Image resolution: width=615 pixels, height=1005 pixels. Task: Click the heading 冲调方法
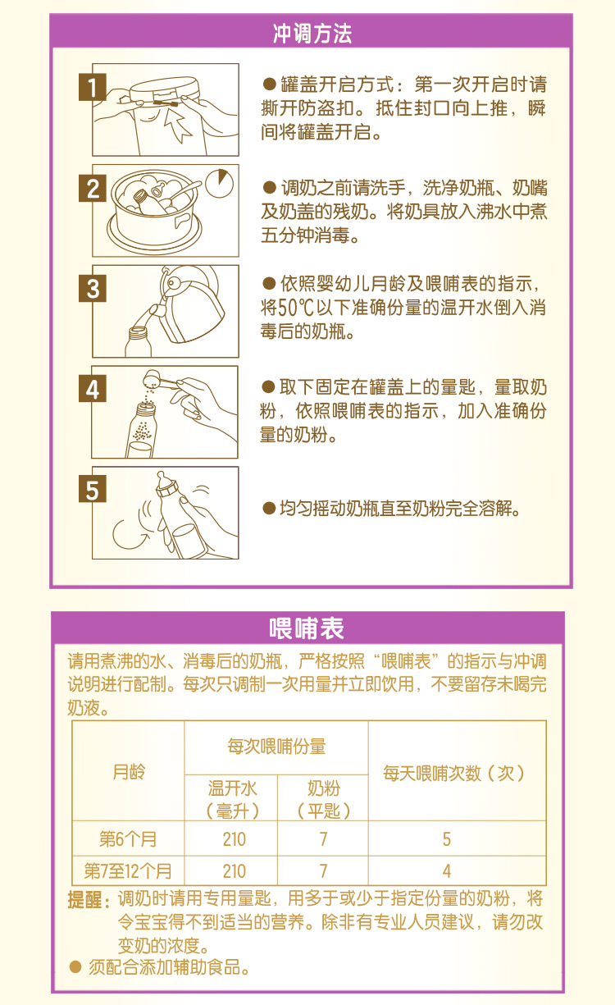(x=312, y=34)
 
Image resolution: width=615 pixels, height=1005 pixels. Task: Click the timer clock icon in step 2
(x=218, y=180)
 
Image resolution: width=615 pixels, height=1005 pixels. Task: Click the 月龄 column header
(x=128, y=772)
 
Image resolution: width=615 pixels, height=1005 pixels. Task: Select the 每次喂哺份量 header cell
(x=276, y=747)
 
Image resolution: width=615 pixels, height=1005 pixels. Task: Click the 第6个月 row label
(x=128, y=839)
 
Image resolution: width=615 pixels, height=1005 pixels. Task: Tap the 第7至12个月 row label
(x=128, y=870)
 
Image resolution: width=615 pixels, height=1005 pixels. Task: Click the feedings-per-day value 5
(x=447, y=839)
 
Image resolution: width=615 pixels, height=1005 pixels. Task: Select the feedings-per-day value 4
(x=447, y=870)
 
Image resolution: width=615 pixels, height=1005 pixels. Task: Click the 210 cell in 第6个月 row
(x=234, y=839)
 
